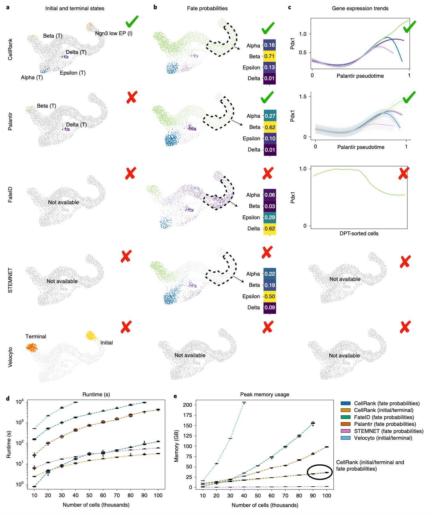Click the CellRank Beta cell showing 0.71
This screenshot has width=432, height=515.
coord(269,56)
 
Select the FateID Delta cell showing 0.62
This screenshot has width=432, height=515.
coord(270,229)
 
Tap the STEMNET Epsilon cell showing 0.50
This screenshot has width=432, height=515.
coord(270,296)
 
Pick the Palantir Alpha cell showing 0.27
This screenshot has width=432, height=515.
coord(270,116)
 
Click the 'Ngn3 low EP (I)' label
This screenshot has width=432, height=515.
coord(114,33)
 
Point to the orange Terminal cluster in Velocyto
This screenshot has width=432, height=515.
coord(31,348)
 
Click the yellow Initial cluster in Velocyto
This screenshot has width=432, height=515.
coord(91,335)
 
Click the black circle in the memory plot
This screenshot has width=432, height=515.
coord(320,472)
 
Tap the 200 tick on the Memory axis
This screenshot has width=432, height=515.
coord(187,405)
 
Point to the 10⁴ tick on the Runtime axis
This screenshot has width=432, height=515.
coord(19,402)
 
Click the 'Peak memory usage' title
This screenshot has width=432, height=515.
coord(265,394)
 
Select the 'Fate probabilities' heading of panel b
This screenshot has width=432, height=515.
coord(207,8)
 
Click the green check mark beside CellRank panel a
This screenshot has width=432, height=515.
coord(132,21)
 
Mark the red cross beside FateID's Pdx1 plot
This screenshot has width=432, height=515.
coord(403,173)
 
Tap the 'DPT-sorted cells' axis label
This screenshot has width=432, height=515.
coord(359,233)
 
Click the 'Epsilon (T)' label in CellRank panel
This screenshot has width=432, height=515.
coord(73,73)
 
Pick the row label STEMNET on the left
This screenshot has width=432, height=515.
coord(10,280)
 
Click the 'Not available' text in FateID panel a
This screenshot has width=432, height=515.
coord(63,202)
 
